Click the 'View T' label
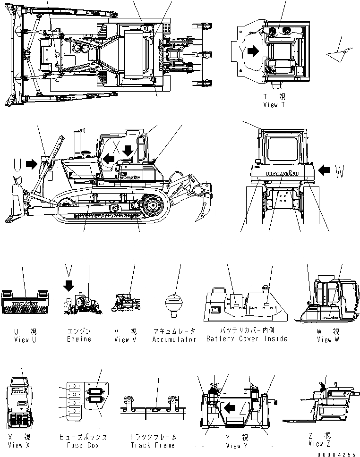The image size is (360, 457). point(274,105)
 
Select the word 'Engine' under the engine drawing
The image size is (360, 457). point(79,339)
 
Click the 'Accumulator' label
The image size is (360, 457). point(174,339)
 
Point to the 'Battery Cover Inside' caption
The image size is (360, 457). point(247,339)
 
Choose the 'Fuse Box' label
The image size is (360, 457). point(82,445)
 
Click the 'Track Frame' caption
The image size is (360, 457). point(153,445)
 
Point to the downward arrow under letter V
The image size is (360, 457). point(69,286)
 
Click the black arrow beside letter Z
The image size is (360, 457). point(230,406)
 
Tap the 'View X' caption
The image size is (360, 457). point(16,445)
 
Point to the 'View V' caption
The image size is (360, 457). point(125,339)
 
